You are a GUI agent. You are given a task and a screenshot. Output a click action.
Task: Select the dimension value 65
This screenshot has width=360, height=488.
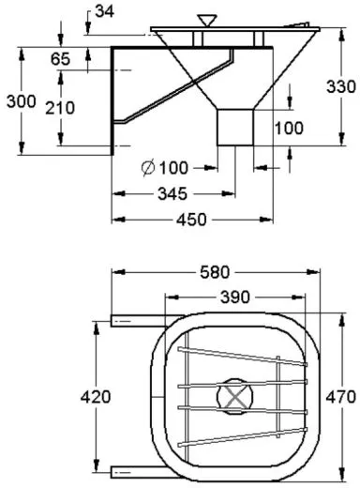coord(61,59)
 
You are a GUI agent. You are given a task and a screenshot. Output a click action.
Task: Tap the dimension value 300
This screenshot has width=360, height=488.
coord(19,100)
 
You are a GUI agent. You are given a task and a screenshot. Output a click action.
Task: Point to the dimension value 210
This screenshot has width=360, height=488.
coord(61,107)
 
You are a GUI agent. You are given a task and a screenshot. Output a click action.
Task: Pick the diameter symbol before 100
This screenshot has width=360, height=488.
coord(148,168)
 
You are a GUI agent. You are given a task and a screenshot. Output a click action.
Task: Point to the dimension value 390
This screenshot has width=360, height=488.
coord(234,297)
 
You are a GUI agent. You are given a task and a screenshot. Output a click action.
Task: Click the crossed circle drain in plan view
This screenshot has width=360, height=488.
coord(233,396)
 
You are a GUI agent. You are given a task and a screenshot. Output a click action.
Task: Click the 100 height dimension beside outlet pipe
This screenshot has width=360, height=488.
coord(289,127)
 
